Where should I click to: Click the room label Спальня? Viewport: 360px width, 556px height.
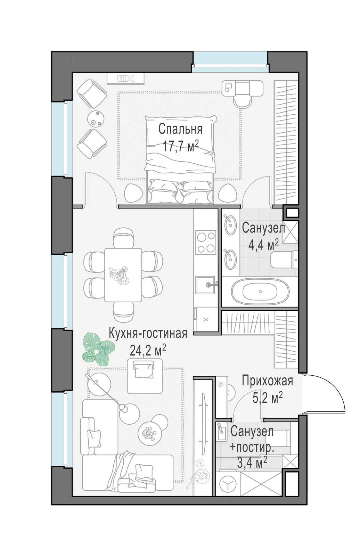[x=180, y=129]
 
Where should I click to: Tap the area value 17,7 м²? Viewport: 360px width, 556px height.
[x=180, y=146]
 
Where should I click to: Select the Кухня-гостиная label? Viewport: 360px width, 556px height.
[x=148, y=334]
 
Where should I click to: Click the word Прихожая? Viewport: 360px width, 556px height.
[x=268, y=381]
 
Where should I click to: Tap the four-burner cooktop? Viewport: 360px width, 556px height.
[x=206, y=242]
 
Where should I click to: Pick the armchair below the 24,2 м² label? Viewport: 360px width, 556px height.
[x=145, y=376]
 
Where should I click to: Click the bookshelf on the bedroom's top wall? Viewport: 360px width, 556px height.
[x=126, y=79]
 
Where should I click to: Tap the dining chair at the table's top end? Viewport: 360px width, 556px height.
[x=124, y=238]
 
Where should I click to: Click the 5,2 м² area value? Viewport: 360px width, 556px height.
[x=268, y=398]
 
